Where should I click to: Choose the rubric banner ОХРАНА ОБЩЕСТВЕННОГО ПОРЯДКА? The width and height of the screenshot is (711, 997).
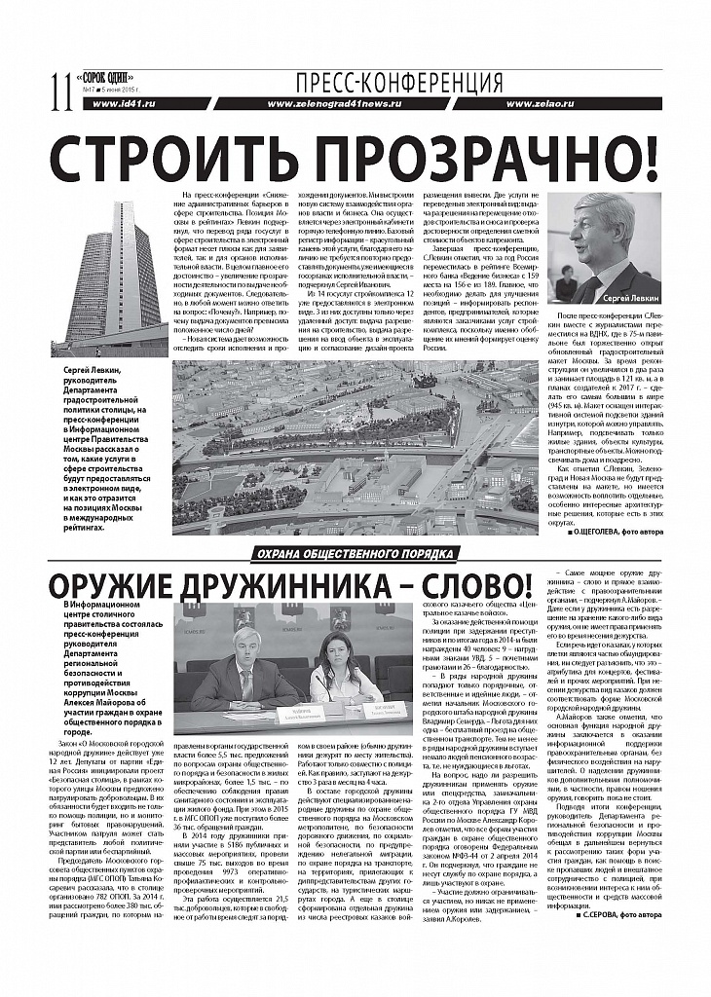click(355, 555)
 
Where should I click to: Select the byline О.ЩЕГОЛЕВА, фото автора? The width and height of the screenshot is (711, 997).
click(616, 535)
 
